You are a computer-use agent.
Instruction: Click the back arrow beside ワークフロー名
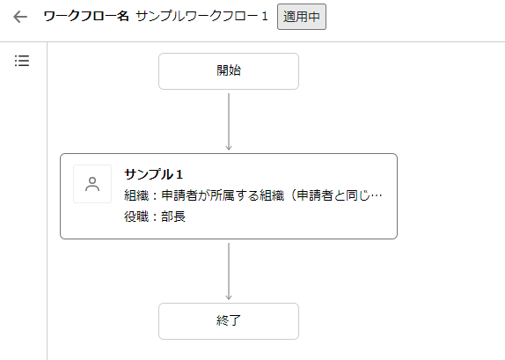(x=20, y=17)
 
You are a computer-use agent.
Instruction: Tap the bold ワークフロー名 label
(x=86, y=16)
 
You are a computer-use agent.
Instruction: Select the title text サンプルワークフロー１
(x=202, y=16)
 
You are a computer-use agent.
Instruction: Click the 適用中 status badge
(x=302, y=17)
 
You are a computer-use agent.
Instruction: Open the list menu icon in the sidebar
(x=22, y=61)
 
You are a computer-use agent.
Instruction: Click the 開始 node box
(x=229, y=71)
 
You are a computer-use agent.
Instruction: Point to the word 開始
(x=229, y=70)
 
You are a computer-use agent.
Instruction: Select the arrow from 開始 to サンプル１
(x=229, y=121)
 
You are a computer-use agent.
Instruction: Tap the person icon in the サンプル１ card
(x=92, y=184)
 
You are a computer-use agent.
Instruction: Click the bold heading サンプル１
(x=154, y=174)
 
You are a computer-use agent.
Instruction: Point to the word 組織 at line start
(x=136, y=195)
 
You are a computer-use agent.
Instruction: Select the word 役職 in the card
(x=136, y=217)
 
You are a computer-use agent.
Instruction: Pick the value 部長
(x=173, y=217)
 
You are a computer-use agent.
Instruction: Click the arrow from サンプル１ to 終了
(x=229, y=271)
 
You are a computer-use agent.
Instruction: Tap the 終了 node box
(x=229, y=321)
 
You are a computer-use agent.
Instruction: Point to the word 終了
(x=229, y=320)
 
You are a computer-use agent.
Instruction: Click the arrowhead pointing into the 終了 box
(x=229, y=298)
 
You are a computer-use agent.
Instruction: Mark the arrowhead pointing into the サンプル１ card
(x=229, y=148)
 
